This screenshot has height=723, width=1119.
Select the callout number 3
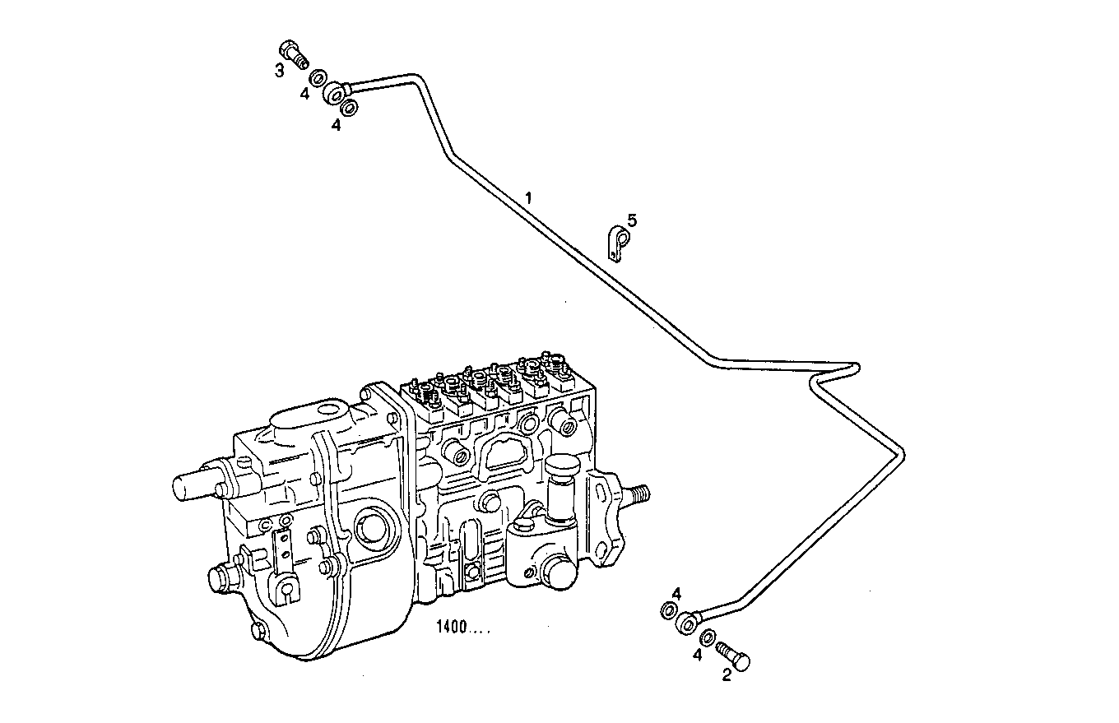(x=280, y=70)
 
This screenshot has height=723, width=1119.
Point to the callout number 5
(x=632, y=220)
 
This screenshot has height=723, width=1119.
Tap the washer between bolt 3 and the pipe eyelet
(x=317, y=78)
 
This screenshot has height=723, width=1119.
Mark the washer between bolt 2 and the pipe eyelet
(x=707, y=638)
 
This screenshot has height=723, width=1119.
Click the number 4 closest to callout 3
(x=304, y=94)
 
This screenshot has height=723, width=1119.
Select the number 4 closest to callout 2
(x=697, y=656)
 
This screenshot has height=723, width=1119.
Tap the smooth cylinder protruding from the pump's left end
(x=195, y=485)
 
